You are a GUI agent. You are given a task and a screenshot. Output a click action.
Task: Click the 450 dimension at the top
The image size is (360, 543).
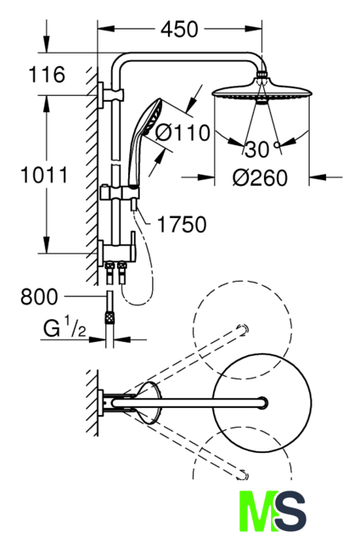coord(179,29)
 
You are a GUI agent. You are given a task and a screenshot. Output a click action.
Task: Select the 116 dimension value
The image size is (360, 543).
coord(47,74)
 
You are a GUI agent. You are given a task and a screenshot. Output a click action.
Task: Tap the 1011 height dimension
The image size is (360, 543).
coord(44,175)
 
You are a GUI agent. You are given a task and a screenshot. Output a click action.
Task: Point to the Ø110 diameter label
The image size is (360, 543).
coord(183,132)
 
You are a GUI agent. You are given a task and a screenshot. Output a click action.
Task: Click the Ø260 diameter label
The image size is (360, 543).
coord(260,177)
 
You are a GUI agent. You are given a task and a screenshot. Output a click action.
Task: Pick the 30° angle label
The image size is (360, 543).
coord(262,149)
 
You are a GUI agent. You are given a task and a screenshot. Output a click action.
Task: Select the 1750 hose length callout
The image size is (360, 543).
coord(182,224)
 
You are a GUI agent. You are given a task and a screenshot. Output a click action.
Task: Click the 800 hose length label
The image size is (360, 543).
coord(39,297)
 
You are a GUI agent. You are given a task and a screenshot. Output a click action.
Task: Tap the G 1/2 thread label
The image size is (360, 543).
coord(65,328)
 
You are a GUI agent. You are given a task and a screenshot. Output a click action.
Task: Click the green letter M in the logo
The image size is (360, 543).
coord(257,511)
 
